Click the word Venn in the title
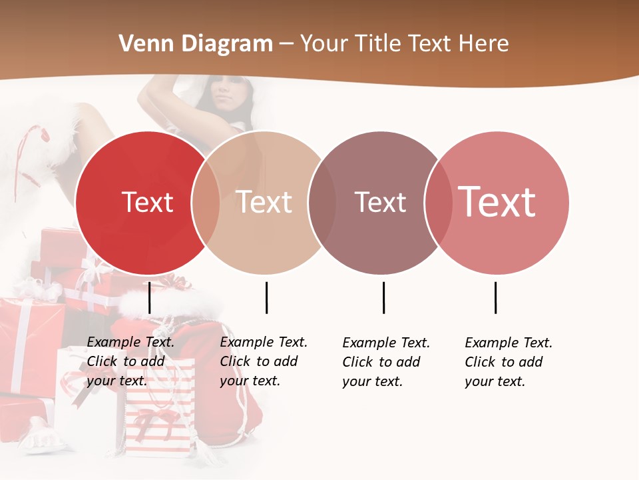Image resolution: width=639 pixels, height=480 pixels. click(143, 44)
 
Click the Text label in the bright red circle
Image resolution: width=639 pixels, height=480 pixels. click(147, 202)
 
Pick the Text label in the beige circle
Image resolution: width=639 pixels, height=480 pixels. click(264, 202)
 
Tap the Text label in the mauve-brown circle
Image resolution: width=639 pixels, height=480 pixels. click(380, 202)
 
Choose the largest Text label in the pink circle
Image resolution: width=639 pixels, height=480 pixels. click(497, 202)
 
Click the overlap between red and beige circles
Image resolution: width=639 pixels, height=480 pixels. click(206, 203)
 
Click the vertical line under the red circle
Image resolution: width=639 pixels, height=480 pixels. click(149, 297)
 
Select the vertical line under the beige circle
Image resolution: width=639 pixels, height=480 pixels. click(266, 297)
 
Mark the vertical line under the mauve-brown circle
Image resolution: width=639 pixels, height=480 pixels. click(383, 297)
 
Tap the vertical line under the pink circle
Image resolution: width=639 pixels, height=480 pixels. click(495, 297)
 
